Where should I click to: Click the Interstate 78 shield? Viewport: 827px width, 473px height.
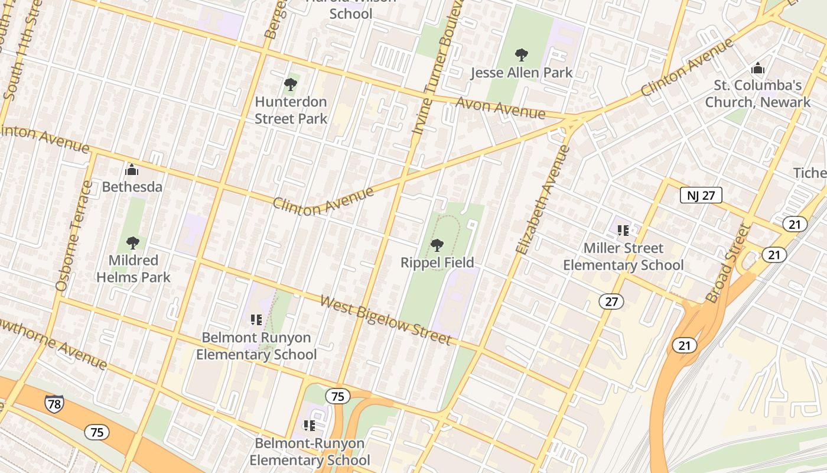[x=54, y=404]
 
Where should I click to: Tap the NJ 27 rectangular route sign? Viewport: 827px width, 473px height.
[x=701, y=195]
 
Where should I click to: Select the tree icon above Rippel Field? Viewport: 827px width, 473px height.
[x=437, y=245]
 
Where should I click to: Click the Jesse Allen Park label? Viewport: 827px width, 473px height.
[x=522, y=73]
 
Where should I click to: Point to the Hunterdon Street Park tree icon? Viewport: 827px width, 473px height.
[x=290, y=85]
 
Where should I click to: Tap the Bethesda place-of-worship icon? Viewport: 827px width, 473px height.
[x=132, y=170]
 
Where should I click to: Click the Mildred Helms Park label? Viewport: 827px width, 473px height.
[x=134, y=268]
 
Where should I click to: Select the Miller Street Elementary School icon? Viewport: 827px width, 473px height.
[x=623, y=230]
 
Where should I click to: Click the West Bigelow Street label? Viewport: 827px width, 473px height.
[x=386, y=320]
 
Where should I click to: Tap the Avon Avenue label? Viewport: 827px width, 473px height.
[x=500, y=108]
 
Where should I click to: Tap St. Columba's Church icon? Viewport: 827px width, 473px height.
[x=757, y=69]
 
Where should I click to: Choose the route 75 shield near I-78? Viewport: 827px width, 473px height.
[x=97, y=432]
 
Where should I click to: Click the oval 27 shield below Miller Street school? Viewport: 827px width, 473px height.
[x=611, y=302]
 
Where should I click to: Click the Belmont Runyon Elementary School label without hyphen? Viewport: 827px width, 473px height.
[x=256, y=346]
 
